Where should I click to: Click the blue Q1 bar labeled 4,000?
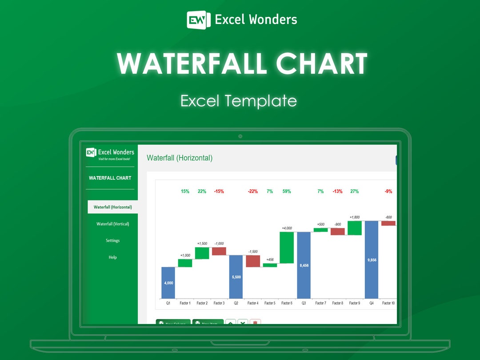168,283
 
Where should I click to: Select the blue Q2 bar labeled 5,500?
236,276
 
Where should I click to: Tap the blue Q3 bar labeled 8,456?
304,265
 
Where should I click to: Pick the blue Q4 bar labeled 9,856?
372,260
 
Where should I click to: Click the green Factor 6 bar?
287,248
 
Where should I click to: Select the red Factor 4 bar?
253,261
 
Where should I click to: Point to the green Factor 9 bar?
354,228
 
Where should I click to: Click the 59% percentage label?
287,192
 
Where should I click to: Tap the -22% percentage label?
253,192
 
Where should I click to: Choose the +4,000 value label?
287,228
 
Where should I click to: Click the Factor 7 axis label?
320,303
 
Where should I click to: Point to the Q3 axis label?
304,303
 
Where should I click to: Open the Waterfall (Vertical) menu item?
112,224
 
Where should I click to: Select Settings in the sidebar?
112,240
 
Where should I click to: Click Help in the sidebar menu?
112,257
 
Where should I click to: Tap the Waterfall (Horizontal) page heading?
180,158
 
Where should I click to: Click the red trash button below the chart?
255,323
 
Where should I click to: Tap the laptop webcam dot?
240,136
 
